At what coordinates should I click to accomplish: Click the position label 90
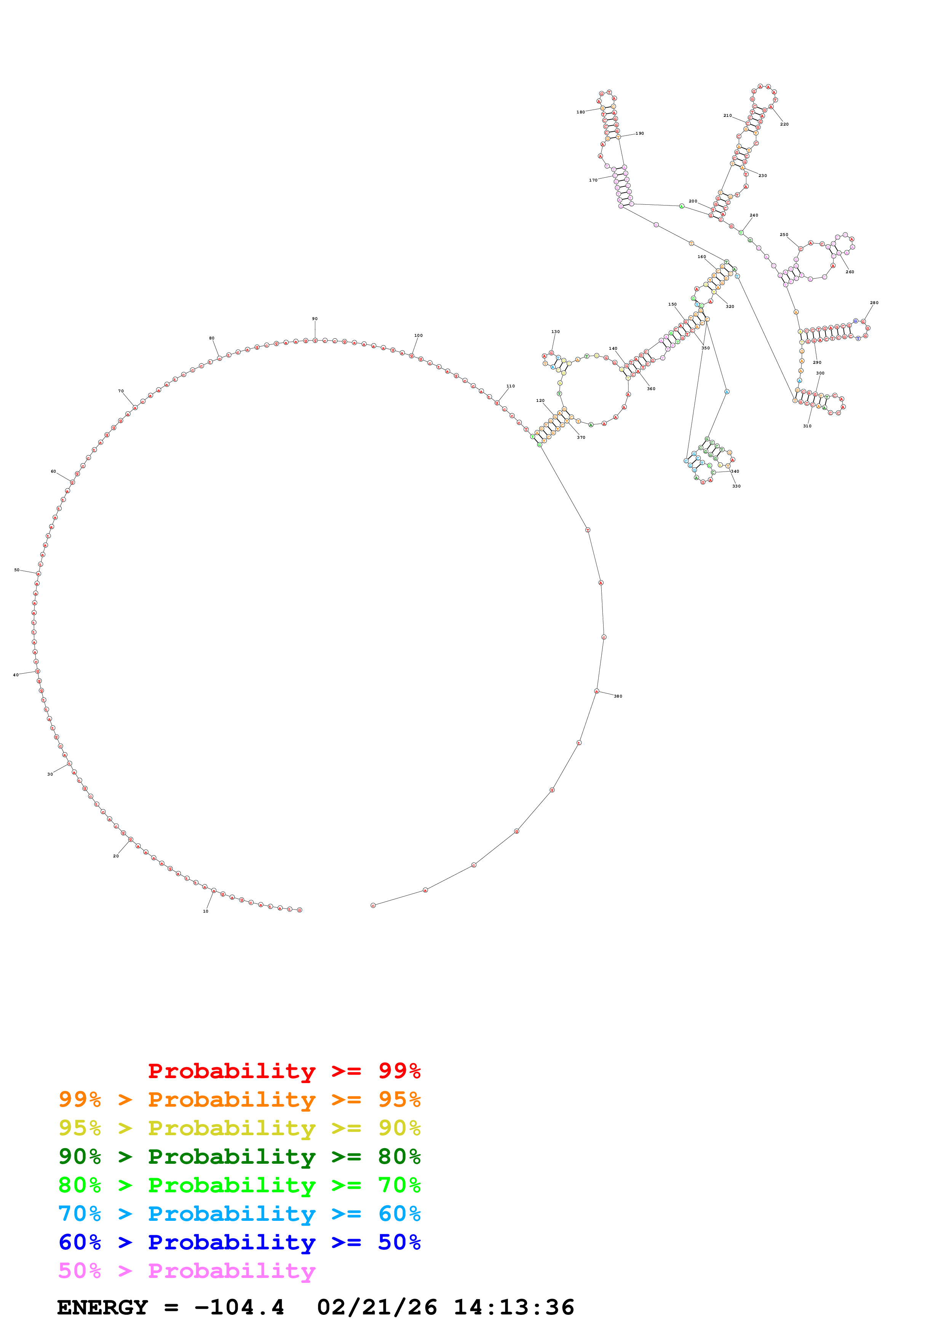(x=315, y=319)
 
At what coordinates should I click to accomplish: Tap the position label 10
(x=205, y=911)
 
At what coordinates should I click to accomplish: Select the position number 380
(x=618, y=696)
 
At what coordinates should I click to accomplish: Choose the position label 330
(x=736, y=486)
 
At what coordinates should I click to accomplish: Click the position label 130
(x=556, y=332)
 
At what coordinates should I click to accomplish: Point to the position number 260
(x=850, y=272)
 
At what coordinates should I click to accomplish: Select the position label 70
(x=121, y=391)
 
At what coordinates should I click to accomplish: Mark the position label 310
(x=807, y=426)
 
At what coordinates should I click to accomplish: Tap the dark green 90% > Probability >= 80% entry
(x=239, y=1157)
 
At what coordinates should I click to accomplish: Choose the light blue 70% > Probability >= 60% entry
(x=239, y=1214)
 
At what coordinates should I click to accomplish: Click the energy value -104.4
(x=239, y=1307)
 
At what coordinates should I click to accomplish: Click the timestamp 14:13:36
(x=514, y=1307)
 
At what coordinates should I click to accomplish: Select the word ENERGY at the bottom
(x=102, y=1307)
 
